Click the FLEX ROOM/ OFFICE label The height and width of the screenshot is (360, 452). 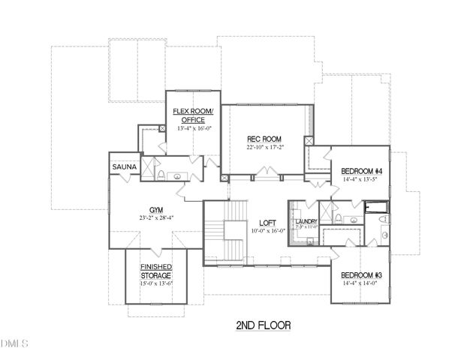tap(193, 115)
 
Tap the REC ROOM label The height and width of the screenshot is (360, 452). tap(264, 139)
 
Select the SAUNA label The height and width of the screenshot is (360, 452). tap(123, 166)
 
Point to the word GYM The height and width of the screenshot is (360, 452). tap(156, 211)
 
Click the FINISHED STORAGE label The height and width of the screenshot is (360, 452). tap(156, 271)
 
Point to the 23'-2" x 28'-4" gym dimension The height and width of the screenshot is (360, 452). tap(156, 220)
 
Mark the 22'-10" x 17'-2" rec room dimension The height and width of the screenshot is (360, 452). tap(264, 148)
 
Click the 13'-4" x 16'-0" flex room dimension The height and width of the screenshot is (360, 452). tap(193, 128)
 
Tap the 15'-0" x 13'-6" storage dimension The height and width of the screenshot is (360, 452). tap(156, 283)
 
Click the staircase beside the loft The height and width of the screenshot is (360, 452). tap(225, 232)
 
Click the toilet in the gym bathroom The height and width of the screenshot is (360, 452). tap(160, 175)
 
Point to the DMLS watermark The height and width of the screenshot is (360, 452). tap(14, 343)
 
